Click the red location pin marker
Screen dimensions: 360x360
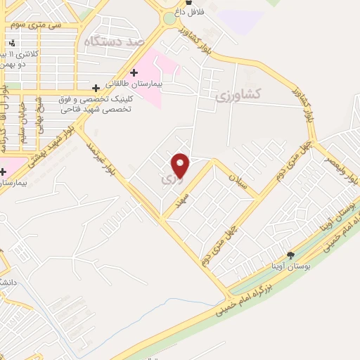181,166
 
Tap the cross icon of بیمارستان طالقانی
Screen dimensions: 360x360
134,73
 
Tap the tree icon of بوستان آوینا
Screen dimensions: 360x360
290,255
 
